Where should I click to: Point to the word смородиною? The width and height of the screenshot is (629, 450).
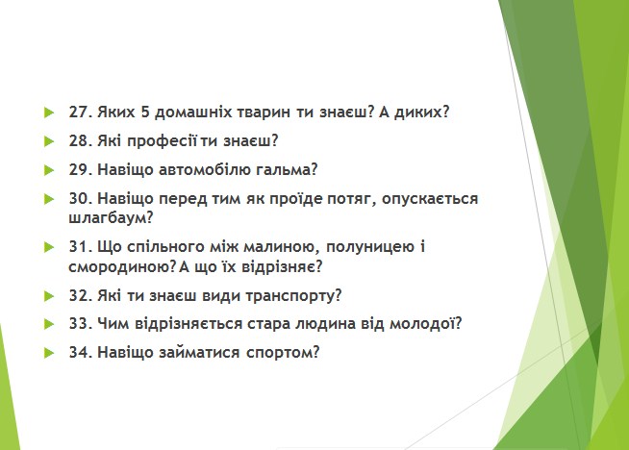(122, 266)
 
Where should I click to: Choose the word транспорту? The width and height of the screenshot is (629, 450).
(293, 296)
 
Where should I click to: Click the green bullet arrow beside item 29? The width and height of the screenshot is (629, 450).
(49, 170)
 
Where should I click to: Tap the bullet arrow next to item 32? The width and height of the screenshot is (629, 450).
(49, 296)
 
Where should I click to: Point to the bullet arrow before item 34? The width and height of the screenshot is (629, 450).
(49, 353)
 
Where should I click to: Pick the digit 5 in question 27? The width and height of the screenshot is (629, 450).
(145, 112)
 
